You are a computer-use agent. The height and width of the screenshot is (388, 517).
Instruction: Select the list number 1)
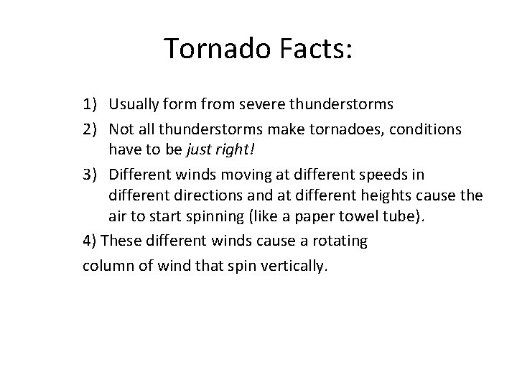click(x=91, y=104)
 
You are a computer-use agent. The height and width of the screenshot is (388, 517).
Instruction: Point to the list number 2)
click(x=91, y=129)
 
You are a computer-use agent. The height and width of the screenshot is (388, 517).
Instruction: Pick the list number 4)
click(x=90, y=241)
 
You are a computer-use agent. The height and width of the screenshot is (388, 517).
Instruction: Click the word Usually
click(x=134, y=104)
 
